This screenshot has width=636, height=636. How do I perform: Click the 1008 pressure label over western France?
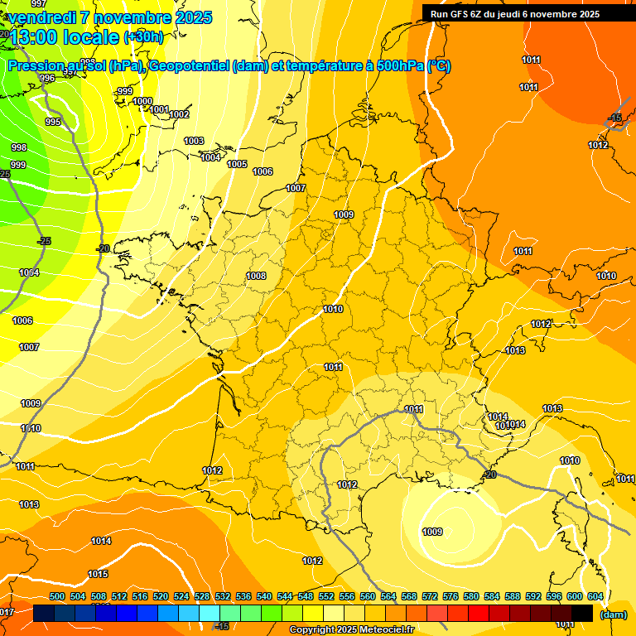click(256, 276)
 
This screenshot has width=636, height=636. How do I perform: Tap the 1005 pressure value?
click(237, 164)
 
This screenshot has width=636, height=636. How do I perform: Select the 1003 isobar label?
click(194, 141)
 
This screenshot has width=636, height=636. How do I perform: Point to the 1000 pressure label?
click(142, 101)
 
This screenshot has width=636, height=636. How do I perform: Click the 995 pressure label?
click(53, 122)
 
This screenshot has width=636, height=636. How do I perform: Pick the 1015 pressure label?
click(98, 574)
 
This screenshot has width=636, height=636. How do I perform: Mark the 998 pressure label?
click(18, 147)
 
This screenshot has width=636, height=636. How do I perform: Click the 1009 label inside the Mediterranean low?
click(432, 532)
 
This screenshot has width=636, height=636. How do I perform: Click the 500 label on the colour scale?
click(57, 596)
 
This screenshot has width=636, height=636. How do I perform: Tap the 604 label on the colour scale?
click(595, 596)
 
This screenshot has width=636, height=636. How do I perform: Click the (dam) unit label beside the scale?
click(613, 614)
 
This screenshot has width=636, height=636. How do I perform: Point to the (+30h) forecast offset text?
click(143, 36)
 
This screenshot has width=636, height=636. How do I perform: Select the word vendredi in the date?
click(41, 17)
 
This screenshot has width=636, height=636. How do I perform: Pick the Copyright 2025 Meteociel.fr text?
click(351, 630)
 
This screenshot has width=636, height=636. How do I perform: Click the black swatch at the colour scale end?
click(582, 613)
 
